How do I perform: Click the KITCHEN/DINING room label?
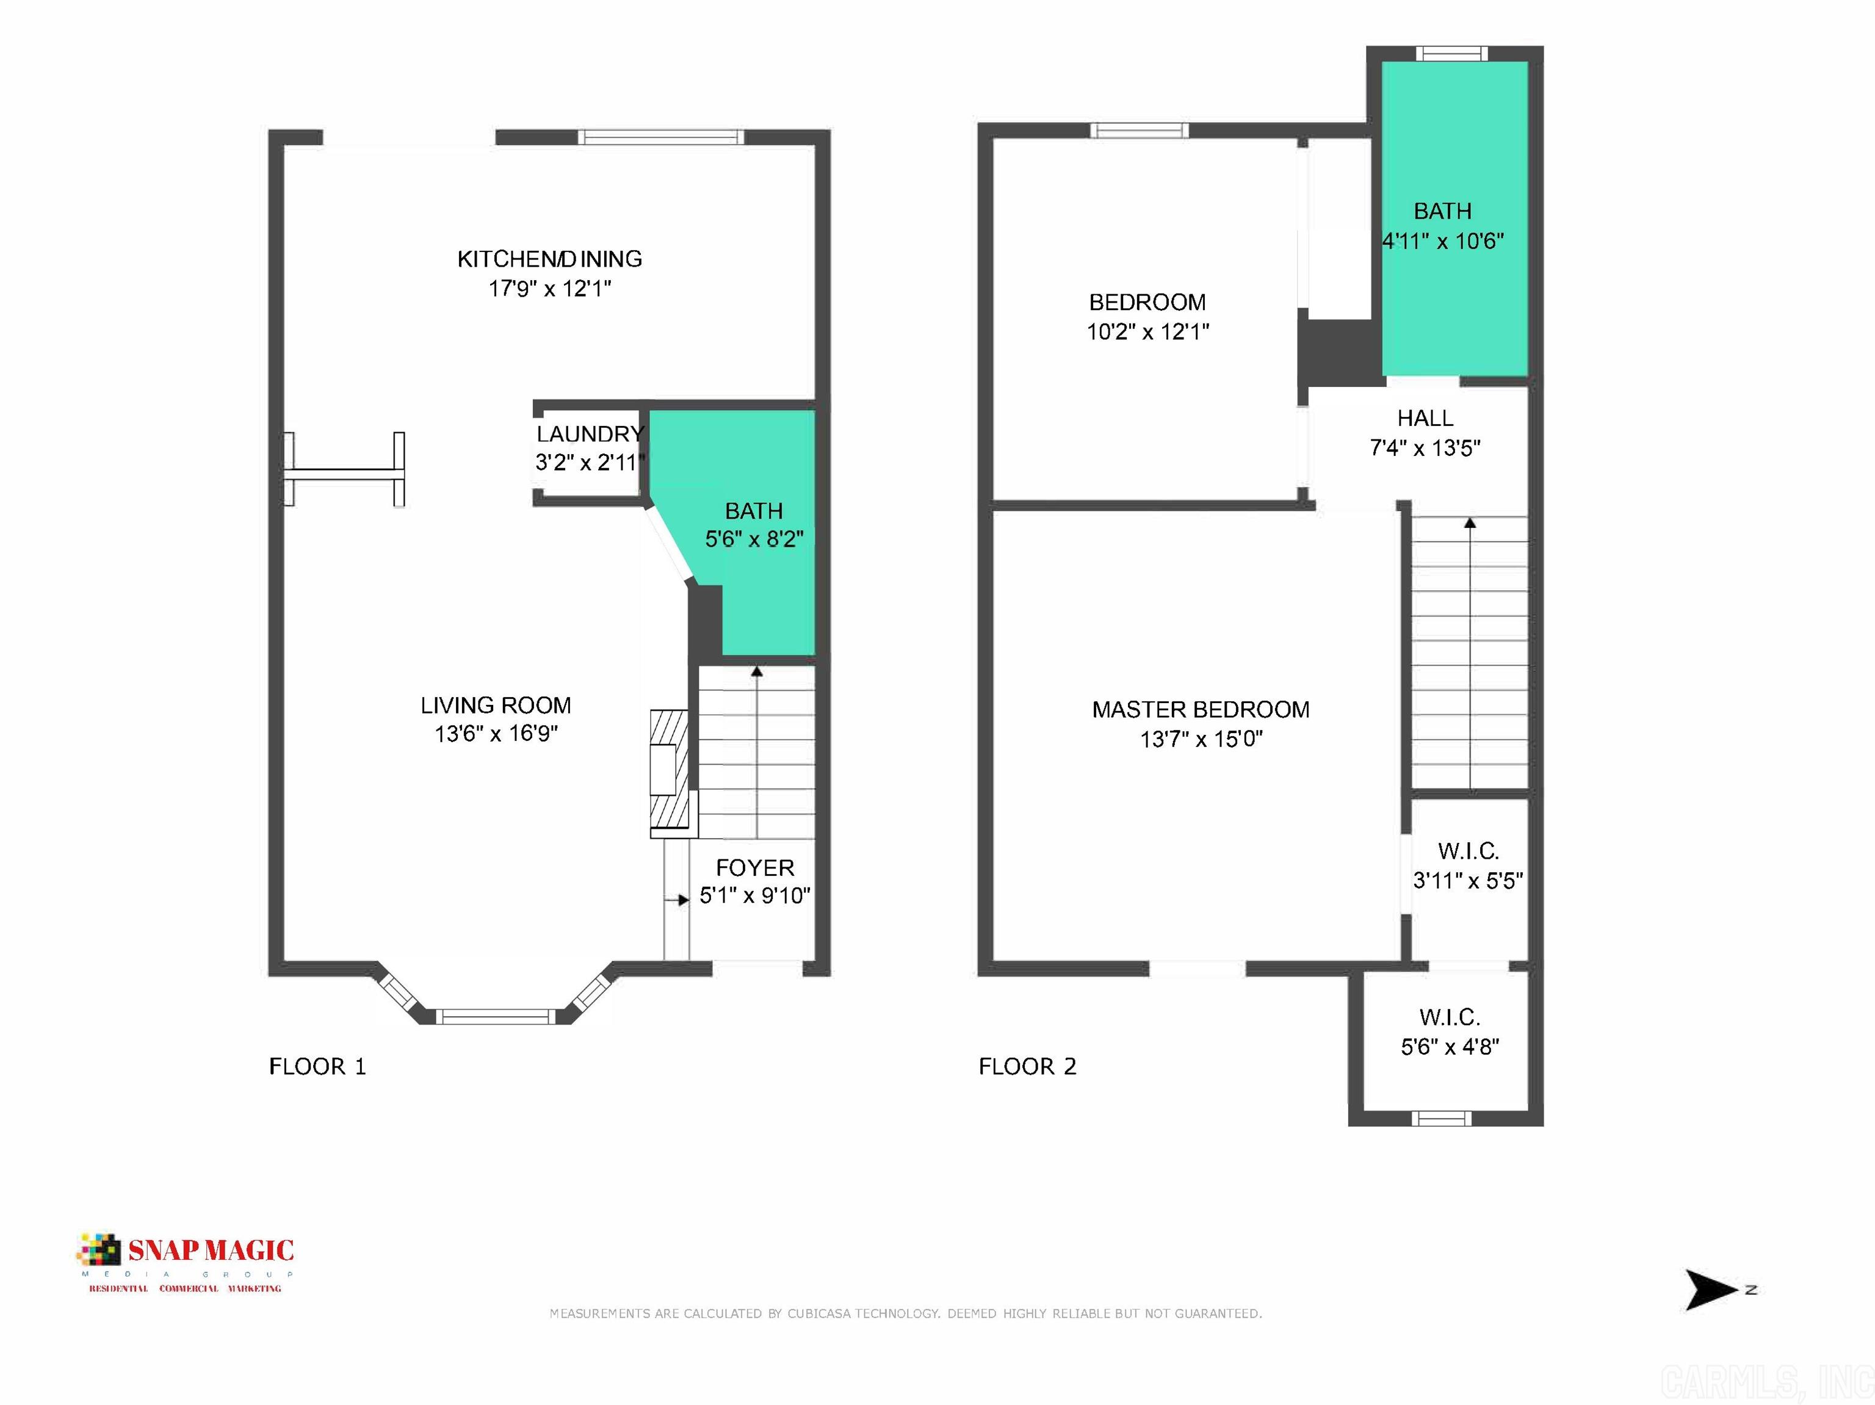[549, 258]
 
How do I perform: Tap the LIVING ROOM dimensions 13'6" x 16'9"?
[496, 734]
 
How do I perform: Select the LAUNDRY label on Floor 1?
[590, 434]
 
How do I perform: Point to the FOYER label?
[754, 868]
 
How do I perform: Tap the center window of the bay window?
[496, 1016]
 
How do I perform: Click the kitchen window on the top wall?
[660, 137]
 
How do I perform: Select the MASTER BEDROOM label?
[1201, 709]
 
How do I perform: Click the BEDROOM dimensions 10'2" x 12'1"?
[1147, 332]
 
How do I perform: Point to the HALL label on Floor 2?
[1425, 417]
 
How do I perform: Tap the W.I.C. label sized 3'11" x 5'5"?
[1468, 851]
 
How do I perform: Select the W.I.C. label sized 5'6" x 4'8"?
[1450, 1017]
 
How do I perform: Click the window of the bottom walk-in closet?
[1442, 1119]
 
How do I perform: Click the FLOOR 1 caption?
[317, 1066]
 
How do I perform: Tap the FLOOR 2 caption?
[1027, 1066]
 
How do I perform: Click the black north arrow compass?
[1708, 1290]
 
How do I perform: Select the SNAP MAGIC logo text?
[210, 1251]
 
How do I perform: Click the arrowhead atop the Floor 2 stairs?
[1470, 523]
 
